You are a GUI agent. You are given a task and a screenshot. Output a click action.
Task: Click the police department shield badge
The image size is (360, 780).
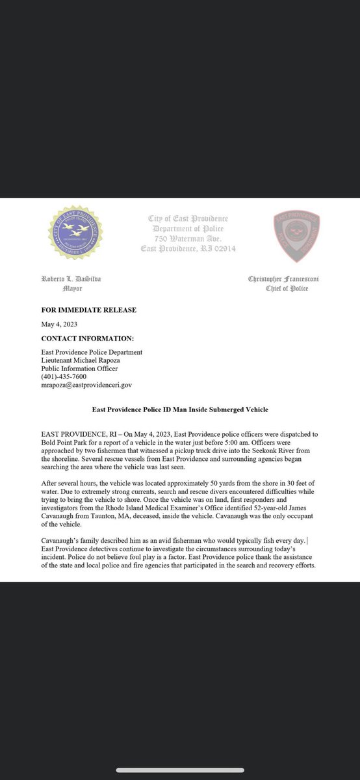coord(296,237)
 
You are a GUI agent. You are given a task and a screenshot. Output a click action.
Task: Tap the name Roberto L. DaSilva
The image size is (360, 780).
coord(71,279)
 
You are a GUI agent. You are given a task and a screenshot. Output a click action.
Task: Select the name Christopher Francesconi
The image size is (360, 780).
coord(283,279)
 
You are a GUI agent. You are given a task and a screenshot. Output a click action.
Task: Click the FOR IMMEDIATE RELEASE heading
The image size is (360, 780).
coord(88,310)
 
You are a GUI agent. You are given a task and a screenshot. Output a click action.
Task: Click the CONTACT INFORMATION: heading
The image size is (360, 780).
coord(88,338)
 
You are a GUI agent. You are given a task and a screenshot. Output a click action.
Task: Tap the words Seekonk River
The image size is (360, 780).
coord(265,448)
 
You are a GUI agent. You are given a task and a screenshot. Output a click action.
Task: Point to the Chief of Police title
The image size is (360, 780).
coord(287,288)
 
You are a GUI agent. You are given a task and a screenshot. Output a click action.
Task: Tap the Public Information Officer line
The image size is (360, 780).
coord(81,369)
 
